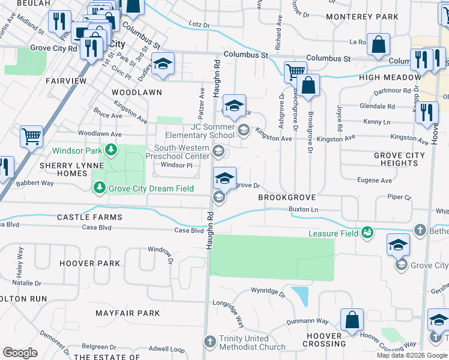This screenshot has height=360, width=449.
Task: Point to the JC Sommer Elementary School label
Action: (212, 131)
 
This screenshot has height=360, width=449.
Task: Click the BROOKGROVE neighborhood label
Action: (287, 197)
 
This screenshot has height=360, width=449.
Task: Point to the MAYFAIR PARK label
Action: (128, 313)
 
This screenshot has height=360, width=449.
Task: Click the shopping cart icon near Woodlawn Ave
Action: (31, 136)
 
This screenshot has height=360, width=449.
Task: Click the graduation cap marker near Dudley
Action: (162, 65)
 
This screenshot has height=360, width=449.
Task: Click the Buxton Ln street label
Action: (303, 209)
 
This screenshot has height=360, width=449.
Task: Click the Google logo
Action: (20, 353)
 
